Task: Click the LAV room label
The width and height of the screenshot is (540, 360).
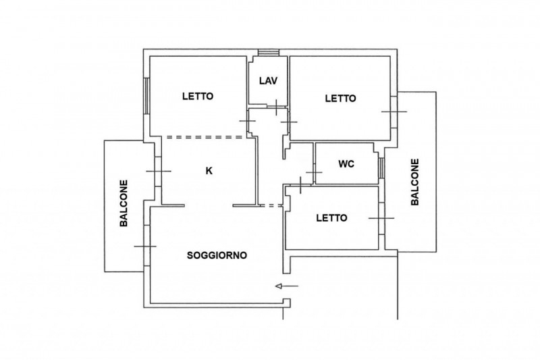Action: click(268, 81)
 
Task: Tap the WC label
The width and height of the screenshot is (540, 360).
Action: click(346, 164)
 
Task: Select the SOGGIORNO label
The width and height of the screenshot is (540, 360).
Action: click(217, 255)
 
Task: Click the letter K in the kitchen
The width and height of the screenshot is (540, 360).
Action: click(209, 170)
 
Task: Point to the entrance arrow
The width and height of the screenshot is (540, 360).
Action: click(287, 286)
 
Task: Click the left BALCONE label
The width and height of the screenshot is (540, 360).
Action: click(124, 203)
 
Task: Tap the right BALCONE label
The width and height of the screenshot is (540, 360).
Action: click(415, 182)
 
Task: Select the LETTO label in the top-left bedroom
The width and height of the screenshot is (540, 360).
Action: click(198, 96)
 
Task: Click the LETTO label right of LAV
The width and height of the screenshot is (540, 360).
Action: click(341, 99)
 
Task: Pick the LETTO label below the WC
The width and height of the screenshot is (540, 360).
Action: click(331, 218)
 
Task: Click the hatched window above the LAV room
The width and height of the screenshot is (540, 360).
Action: click(269, 53)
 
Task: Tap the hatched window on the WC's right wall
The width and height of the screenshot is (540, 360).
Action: click(381, 168)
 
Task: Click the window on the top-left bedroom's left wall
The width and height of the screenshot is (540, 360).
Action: click(146, 96)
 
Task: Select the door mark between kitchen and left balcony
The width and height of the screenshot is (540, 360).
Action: click(159, 171)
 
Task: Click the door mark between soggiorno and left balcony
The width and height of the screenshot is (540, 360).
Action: click(145, 247)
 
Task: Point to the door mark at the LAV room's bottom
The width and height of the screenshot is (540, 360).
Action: click(277, 107)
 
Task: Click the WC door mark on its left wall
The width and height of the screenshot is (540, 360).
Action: click(314, 172)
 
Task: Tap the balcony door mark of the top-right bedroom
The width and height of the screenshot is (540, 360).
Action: click(394, 111)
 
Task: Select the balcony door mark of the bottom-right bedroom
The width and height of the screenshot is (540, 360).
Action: click(381, 218)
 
